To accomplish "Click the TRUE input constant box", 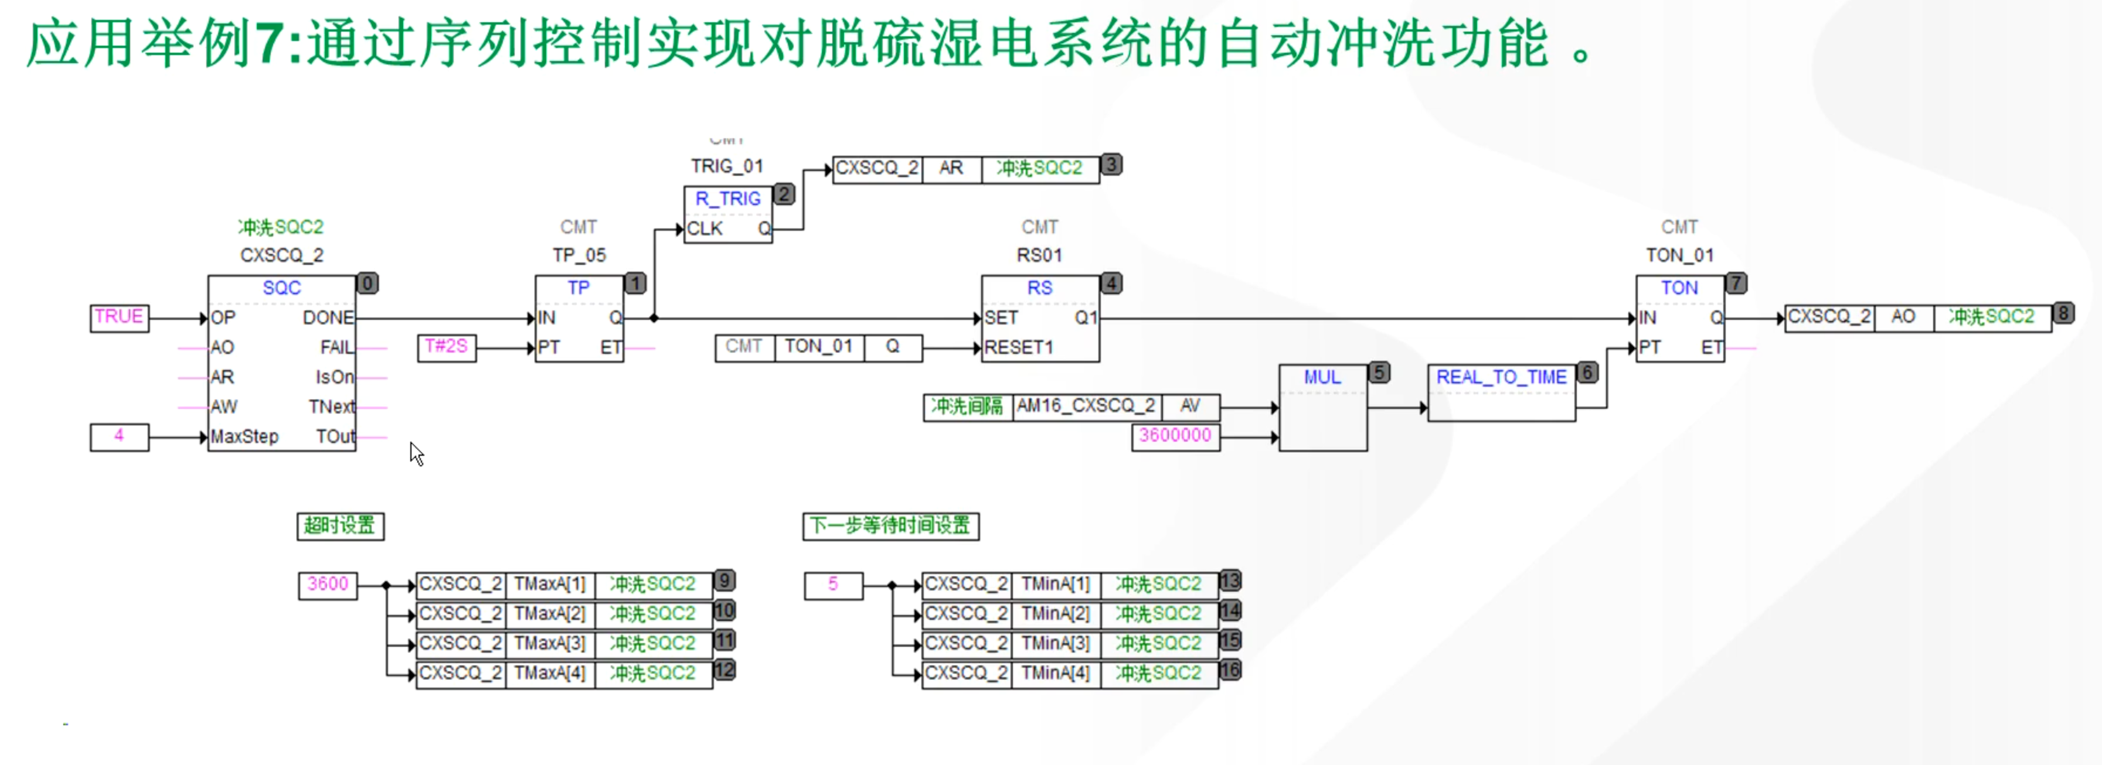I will tap(119, 317).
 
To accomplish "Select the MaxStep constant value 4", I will tap(119, 436).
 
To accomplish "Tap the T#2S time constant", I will tap(446, 347).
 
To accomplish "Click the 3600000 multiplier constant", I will tap(1175, 436).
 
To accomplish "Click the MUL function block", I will tap(1322, 408).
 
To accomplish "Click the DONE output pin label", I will tap(328, 318).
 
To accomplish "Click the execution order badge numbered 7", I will tap(1736, 283).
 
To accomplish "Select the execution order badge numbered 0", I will tap(367, 283).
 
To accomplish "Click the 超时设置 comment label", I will tap(339, 526).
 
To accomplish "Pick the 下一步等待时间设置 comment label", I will tap(890, 526).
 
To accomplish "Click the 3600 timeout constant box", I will tap(327, 585).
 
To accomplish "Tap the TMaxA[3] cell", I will tap(550, 644).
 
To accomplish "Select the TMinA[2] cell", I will tap(1056, 614).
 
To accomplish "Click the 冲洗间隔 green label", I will tap(968, 406).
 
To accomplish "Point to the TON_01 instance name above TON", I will tap(1679, 255).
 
